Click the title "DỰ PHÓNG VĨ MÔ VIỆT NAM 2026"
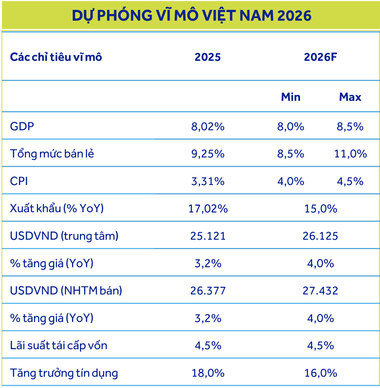point(192,15)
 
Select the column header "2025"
point(208,57)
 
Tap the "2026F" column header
point(320,57)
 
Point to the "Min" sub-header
point(291,97)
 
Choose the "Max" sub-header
point(350,97)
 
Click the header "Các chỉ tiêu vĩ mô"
point(56,57)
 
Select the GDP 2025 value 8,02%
point(208,126)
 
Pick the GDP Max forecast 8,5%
point(350,126)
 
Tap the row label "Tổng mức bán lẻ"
point(52,154)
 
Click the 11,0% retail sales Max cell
point(350,154)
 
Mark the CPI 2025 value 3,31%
point(208,181)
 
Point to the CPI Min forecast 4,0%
point(291,181)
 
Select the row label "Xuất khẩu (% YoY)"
point(57,208)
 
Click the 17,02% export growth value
point(208,208)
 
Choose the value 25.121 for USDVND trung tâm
point(208,236)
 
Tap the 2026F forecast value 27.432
point(320,291)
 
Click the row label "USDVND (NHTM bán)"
point(66,291)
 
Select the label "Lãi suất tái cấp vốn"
point(58,345)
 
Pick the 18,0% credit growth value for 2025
point(208,373)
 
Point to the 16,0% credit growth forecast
point(320,373)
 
